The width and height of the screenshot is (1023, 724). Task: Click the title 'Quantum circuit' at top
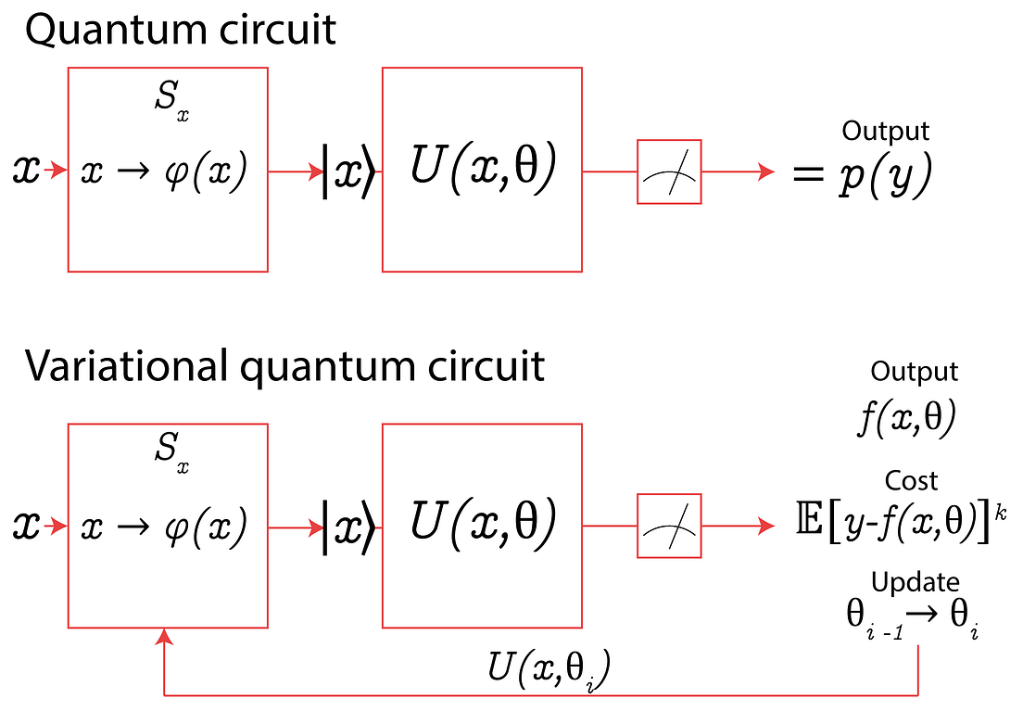click(x=181, y=30)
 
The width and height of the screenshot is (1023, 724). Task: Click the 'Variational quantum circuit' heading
click(x=284, y=366)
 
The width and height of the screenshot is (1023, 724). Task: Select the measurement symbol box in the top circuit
click(x=669, y=171)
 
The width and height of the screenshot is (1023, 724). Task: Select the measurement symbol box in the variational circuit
click(x=669, y=527)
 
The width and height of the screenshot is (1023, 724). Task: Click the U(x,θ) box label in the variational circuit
click(x=482, y=525)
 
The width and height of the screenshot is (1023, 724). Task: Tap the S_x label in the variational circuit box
click(x=172, y=455)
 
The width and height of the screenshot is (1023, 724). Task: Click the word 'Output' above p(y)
click(x=885, y=132)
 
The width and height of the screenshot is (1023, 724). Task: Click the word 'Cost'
click(x=912, y=480)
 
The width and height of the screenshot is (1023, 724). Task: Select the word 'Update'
click(x=915, y=582)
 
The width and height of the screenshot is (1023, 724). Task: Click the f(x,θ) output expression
click(x=906, y=420)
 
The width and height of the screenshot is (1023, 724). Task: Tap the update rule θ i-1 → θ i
click(x=914, y=617)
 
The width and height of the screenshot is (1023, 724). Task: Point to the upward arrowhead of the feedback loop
click(x=164, y=637)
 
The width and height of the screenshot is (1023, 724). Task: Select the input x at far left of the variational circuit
click(x=26, y=527)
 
